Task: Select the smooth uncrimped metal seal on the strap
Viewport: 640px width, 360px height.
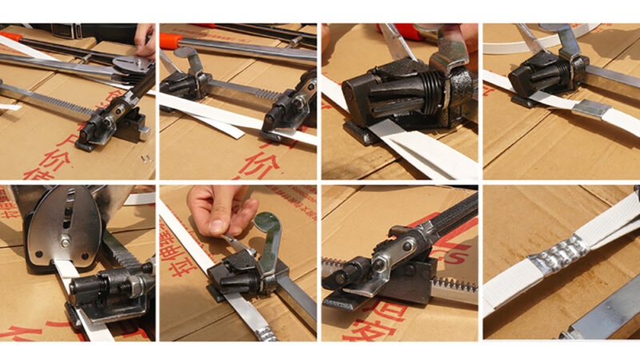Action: point(593,108)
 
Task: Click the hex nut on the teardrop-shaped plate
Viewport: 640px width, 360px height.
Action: point(63,239)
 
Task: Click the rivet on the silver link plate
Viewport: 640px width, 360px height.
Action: point(409,243)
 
